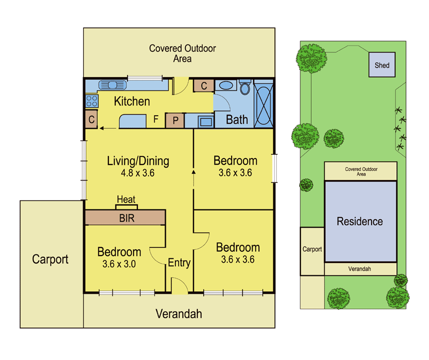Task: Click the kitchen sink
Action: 113,85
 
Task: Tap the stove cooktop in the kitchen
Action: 92,101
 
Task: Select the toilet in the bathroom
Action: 245,87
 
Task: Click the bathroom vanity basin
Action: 226,85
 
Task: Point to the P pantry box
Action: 175,121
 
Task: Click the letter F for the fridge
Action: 156,119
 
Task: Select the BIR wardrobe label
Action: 127,218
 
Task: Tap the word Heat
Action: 126,199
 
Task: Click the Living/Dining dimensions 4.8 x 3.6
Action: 138,173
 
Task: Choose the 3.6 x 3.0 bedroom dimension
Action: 119,264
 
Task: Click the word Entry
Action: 179,262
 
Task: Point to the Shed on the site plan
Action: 382,65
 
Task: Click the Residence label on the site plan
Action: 360,221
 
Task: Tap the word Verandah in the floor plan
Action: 179,314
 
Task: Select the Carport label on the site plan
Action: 312,249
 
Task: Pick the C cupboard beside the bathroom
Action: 204,86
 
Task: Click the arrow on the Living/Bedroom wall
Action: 194,178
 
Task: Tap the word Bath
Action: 237,119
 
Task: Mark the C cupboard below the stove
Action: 91,119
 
